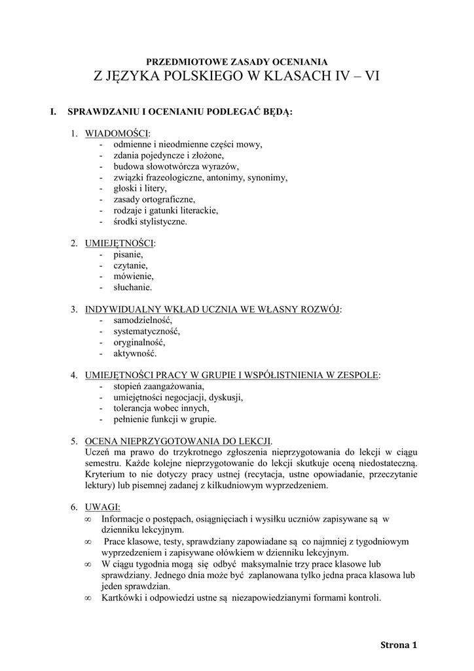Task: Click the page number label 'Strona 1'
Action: [x=398, y=645]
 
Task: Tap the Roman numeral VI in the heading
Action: [x=371, y=76]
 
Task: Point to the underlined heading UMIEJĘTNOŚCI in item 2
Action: [x=120, y=243]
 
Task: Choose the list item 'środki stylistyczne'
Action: [x=150, y=221]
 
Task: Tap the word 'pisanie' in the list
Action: [x=128, y=254]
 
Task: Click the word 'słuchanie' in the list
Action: [x=132, y=287]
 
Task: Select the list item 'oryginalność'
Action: [x=139, y=342]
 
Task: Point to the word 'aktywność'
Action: [x=134, y=353]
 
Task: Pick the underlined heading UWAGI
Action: [x=98, y=507]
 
